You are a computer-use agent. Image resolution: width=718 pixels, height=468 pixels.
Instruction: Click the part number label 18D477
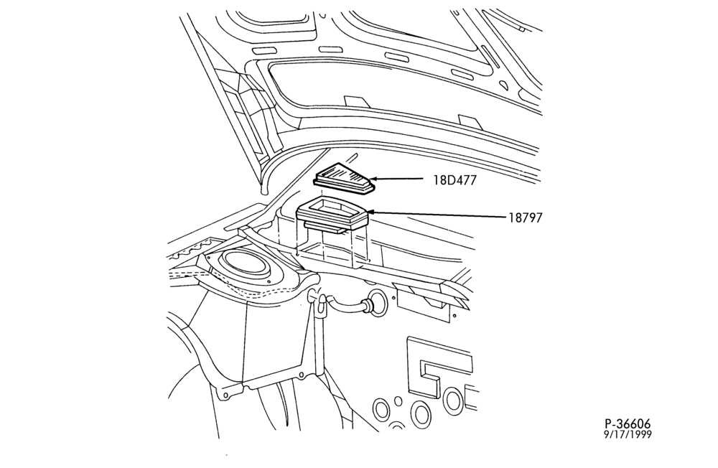[x=454, y=180]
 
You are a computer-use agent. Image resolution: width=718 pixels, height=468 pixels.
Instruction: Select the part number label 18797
[x=526, y=217]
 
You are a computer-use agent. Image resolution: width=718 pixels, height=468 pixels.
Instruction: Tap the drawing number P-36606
[x=628, y=424]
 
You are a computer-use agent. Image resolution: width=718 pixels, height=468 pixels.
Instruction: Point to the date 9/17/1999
[x=628, y=434]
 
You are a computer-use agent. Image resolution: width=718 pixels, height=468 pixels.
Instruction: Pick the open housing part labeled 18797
[x=332, y=215]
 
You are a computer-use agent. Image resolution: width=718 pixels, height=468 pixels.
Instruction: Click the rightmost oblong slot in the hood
[x=464, y=73]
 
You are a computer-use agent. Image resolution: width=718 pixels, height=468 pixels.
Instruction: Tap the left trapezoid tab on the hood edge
[x=354, y=102]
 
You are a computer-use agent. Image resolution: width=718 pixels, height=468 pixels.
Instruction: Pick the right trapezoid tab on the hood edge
[x=470, y=122]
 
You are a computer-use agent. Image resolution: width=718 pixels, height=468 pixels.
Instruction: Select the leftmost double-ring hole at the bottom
[x=381, y=409]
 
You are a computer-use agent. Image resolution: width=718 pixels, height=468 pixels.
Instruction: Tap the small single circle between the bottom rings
[x=398, y=401]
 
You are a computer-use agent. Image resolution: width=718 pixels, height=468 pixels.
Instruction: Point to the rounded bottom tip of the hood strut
[x=263, y=190]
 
